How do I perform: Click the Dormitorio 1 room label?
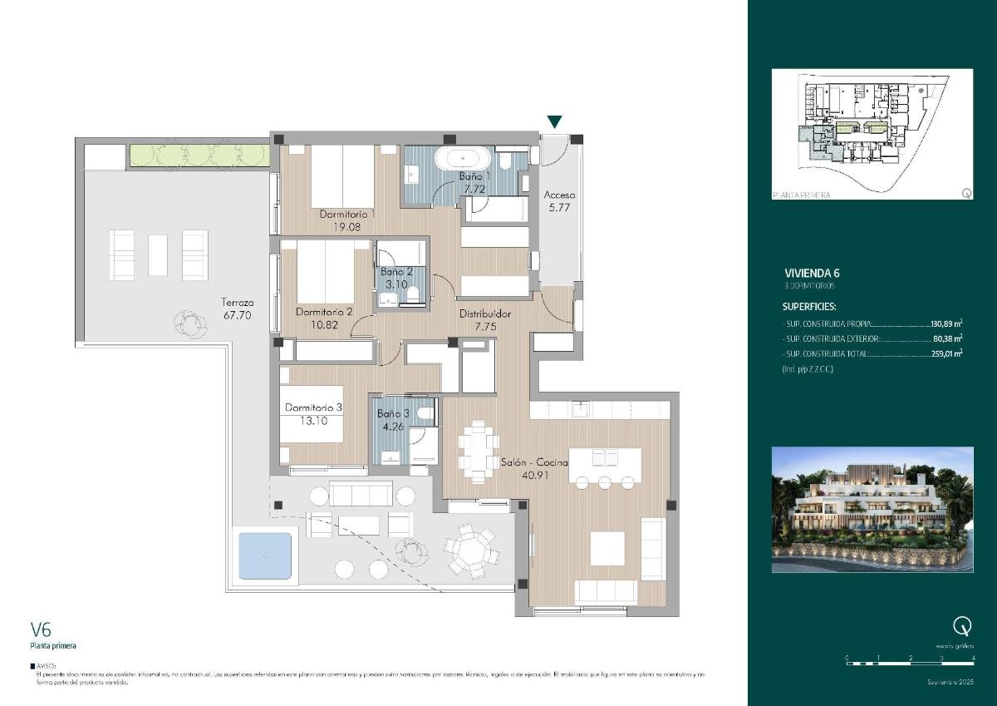click(348, 214)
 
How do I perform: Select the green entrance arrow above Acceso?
click(555, 122)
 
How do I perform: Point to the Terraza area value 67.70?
click(237, 315)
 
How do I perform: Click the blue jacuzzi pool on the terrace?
click(265, 555)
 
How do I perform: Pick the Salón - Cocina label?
click(534, 462)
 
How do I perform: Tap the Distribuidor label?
click(485, 314)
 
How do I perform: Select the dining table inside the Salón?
click(477, 451)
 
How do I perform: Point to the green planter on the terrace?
click(199, 155)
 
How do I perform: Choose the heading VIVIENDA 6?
click(813, 273)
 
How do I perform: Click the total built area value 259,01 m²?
click(946, 353)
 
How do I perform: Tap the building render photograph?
click(872, 509)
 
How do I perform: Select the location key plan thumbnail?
click(872, 135)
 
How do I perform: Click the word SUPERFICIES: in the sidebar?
click(809, 306)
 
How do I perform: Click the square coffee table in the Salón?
click(607, 548)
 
